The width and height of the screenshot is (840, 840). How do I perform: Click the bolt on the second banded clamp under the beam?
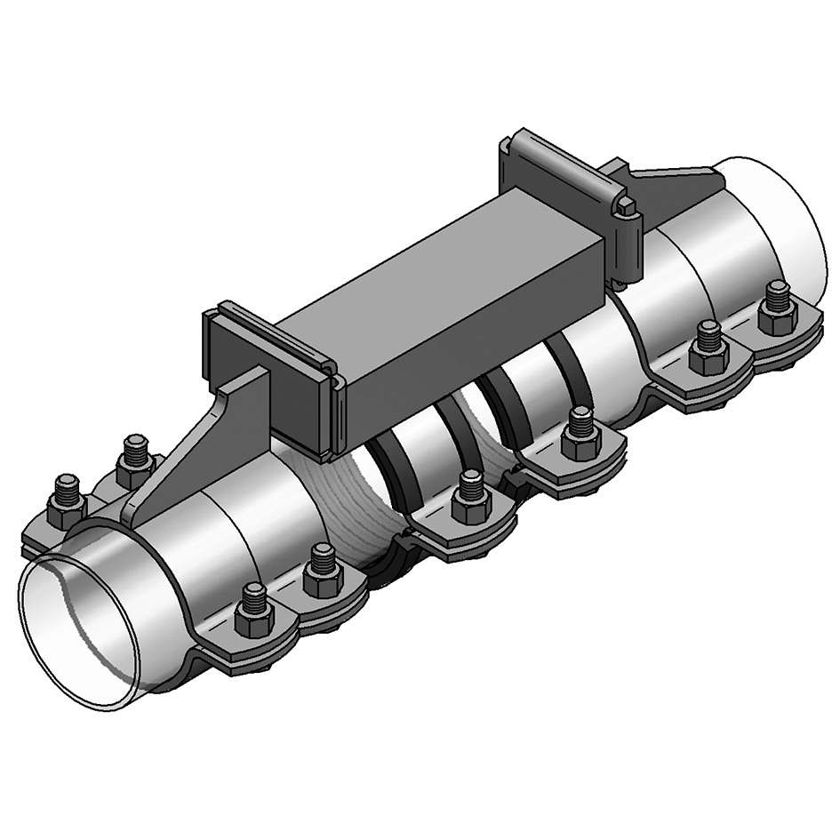[580, 429]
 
